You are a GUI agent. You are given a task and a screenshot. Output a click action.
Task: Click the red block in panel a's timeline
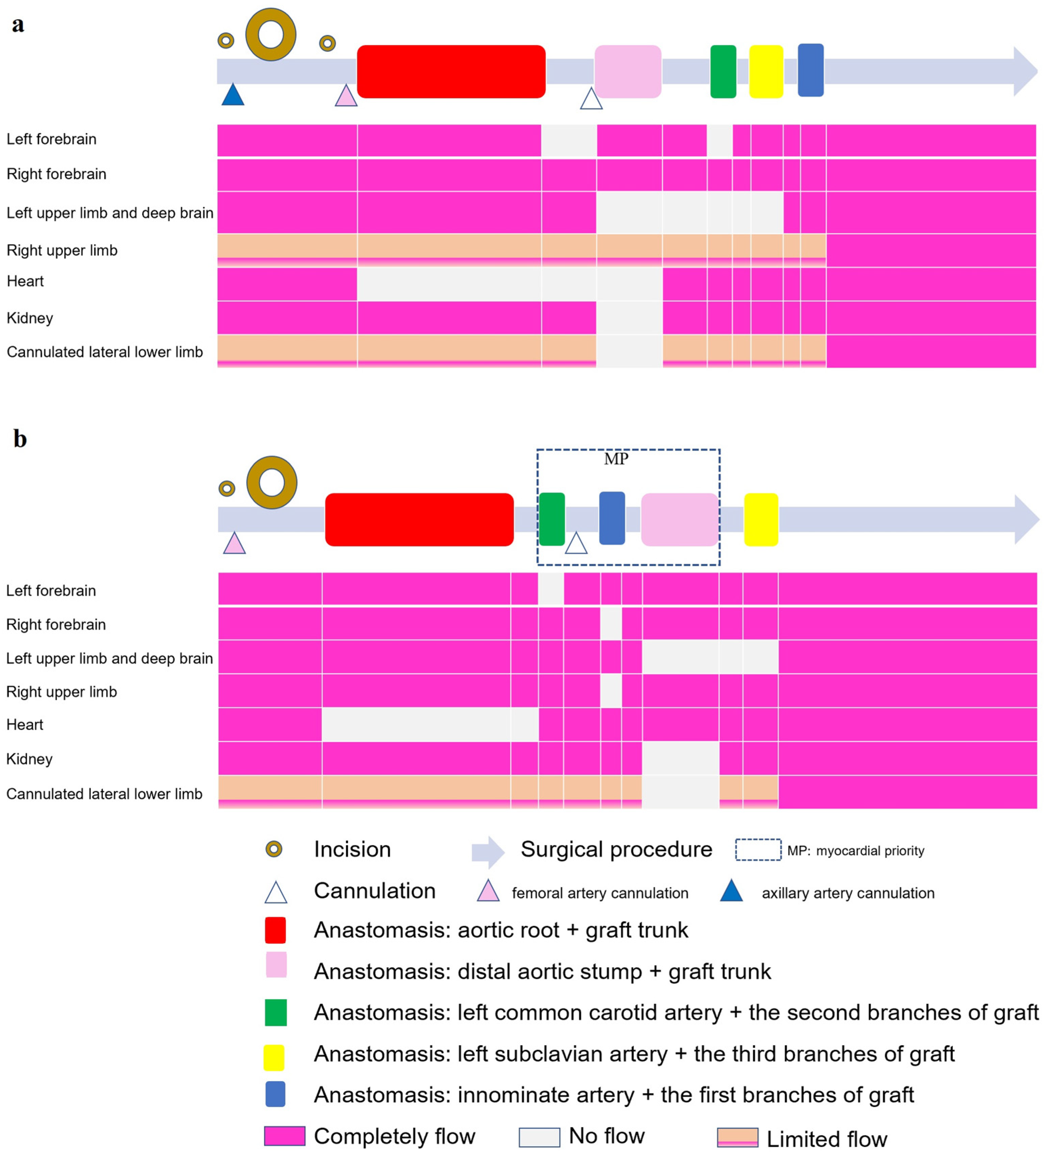451,72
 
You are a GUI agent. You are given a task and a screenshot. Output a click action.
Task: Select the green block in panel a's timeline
723,72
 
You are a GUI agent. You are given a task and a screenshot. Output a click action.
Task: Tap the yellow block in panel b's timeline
761,519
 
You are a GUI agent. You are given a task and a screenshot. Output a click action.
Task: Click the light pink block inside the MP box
679,519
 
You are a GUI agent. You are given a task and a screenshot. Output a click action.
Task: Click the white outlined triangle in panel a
591,99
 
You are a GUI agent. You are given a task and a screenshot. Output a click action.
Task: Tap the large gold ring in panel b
272,482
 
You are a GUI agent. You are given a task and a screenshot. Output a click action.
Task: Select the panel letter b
20,439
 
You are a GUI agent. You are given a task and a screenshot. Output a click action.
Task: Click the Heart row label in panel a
25,281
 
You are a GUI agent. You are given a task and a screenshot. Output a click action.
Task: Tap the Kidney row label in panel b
29,759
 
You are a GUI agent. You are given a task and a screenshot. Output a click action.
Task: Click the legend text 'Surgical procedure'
616,850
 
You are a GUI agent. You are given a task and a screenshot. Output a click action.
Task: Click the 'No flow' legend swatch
539,1137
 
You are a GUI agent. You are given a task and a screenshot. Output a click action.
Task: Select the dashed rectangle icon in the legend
758,850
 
